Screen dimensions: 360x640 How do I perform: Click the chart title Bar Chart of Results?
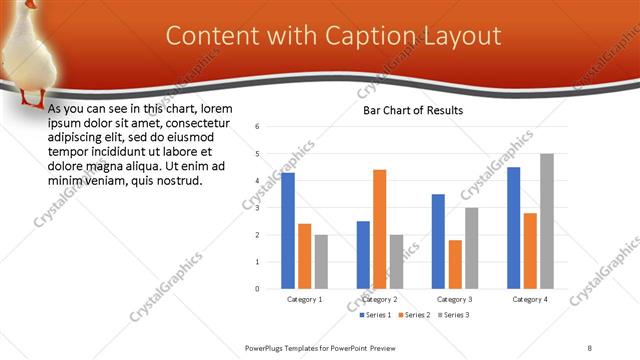[413, 110]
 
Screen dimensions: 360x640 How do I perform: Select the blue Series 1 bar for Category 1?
[288, 231]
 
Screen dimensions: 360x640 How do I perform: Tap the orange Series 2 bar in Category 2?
[379, 229]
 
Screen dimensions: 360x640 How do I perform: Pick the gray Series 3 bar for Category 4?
[546, 221]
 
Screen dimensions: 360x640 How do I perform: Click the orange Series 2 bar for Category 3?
[455, 264]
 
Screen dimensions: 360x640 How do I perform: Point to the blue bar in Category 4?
[514, 228]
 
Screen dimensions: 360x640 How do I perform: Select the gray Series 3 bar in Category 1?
[320, 262]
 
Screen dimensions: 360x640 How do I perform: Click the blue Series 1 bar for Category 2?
[363, 255]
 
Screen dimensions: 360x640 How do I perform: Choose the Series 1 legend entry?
[376, 315]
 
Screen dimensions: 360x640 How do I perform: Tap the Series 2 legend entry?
[414, 315]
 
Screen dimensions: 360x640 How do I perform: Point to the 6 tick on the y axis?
[258, 127]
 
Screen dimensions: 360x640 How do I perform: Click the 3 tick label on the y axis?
[258, 208]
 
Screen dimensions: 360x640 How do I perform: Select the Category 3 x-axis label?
[455, 299]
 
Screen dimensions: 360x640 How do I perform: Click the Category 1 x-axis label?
[304, 299]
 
